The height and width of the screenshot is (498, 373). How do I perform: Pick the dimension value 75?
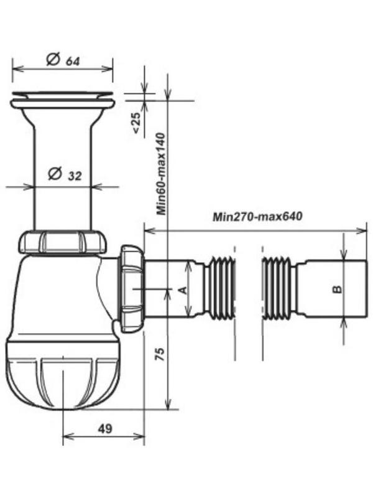(159, 355)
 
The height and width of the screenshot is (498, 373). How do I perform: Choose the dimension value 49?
(104, 428)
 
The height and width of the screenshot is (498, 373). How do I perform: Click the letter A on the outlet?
(182, 289)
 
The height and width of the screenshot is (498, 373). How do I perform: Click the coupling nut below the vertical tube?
(62, 242)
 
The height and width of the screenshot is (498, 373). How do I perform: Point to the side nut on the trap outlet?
(132, 288)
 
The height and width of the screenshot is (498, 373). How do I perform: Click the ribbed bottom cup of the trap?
(62, 380)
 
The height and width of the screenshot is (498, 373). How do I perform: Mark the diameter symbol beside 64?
(53, 60)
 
